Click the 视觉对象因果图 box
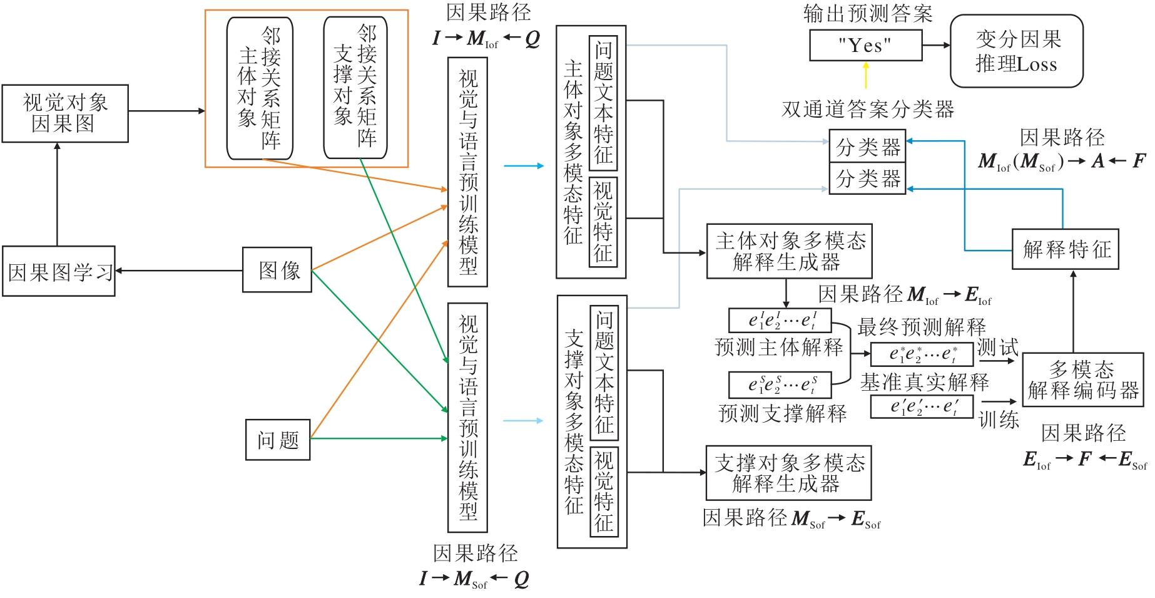pos(65,113)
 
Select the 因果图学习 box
pos(59,271)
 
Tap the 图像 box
pos(277,270)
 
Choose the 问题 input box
pos(277,440)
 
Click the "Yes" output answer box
pos(865,46)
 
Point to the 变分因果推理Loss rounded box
pos(1016,51)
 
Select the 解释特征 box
pos(1065,249)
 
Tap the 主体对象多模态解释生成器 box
pos(789,250)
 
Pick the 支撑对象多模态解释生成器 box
pos(788,473)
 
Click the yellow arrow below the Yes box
pos(866,75)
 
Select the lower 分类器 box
pos(867,178)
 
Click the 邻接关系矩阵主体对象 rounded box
pos(260,88)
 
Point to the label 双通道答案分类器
pos(867,110)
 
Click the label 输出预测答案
pos(867,14)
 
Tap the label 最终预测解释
pos(921,326)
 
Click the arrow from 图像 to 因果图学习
pos(179,271)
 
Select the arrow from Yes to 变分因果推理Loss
pos(936,46)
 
